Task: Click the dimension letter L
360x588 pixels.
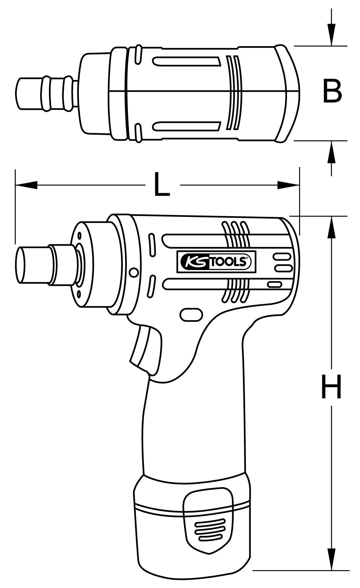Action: tap(162, 184)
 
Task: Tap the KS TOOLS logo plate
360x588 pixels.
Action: tap(216, 262)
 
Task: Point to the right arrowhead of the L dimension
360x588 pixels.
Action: tap(288, 185)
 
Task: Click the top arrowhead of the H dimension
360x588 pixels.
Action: tap(331, 227)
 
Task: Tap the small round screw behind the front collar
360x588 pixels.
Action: tap(134, 272)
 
